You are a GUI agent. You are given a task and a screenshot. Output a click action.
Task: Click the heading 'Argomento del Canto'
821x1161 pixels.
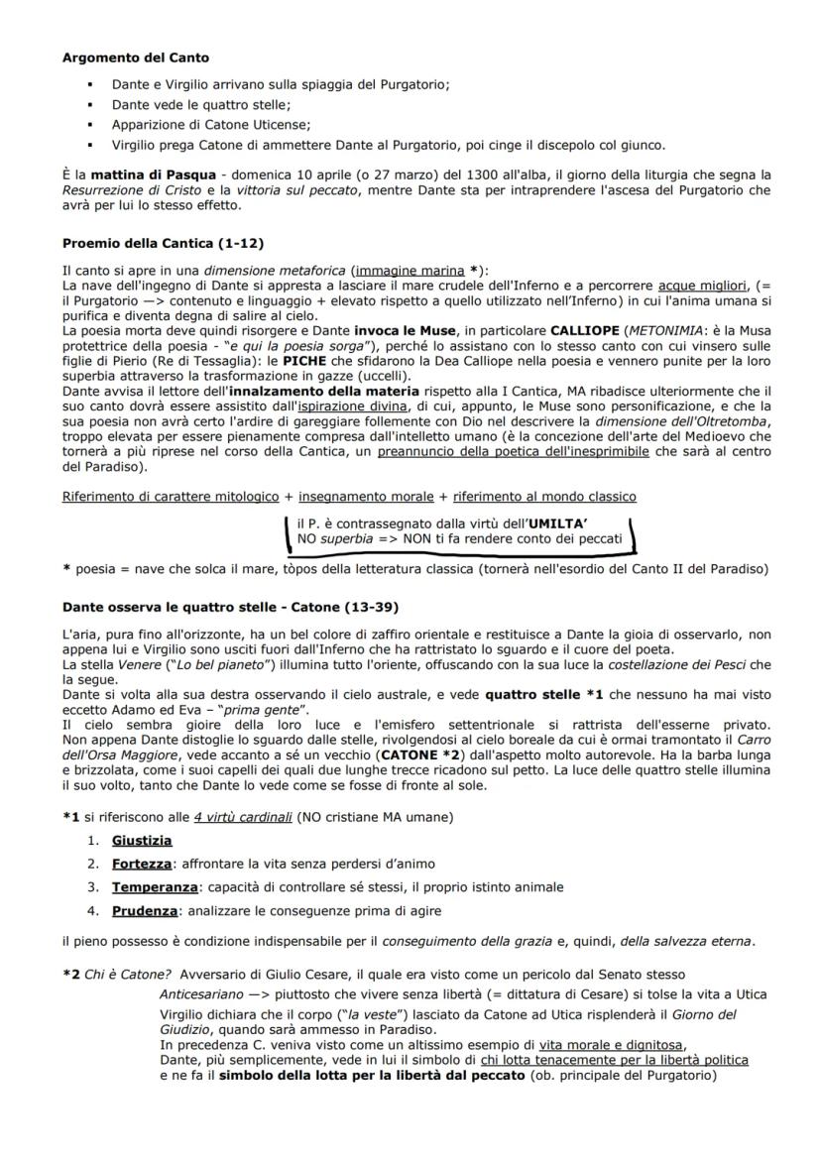[x=135, y=58]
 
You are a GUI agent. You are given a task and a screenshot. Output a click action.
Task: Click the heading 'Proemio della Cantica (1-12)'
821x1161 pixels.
[x=163, y=243]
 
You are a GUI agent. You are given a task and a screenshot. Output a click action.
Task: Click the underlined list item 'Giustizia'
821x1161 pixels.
[x=142, y=841]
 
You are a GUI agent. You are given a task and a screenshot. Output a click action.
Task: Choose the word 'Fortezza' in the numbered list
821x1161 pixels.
[x=141, y=864]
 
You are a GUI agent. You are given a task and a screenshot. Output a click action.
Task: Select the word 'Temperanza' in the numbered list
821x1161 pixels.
[x=152, y=886]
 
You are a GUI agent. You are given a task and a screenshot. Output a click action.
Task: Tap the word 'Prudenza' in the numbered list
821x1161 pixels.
[x=145, y=910]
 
